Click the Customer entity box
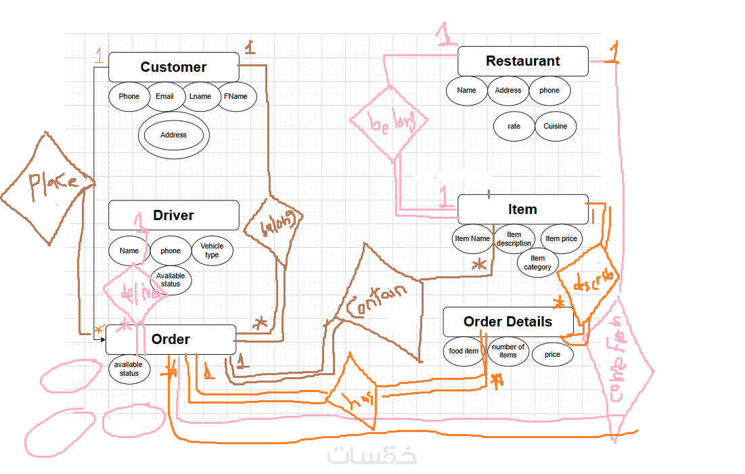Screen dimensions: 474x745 tap(173, 67)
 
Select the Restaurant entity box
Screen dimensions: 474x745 tap(522, 61)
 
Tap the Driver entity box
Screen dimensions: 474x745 tap(173, 215)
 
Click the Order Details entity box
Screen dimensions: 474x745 tap(507, 322)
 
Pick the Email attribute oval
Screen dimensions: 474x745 tap(164, 96)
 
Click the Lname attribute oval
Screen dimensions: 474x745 tap(200, 96)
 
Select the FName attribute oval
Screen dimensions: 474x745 tap(235, 96)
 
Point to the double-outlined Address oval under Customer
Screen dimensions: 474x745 tap(173, 135)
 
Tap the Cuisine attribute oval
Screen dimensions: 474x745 tap(555, 126)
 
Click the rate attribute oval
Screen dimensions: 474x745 tap(514, 126)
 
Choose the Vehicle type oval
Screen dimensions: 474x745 tap(212, 251)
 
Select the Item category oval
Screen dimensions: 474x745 tap(537, 263)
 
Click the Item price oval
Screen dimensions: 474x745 tap(561, 238)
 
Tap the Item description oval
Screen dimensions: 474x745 tap(514, 239)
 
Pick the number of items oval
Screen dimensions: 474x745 tap(507, 351)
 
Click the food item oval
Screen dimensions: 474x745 tap(464, 351)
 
